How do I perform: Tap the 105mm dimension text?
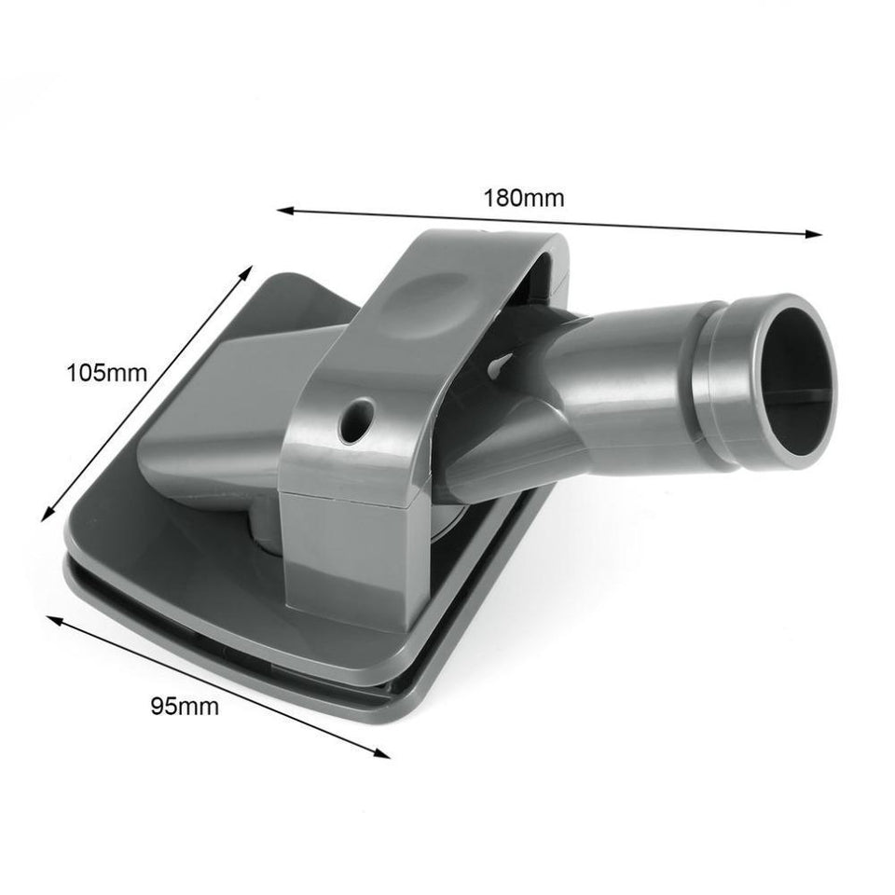point(107,374)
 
